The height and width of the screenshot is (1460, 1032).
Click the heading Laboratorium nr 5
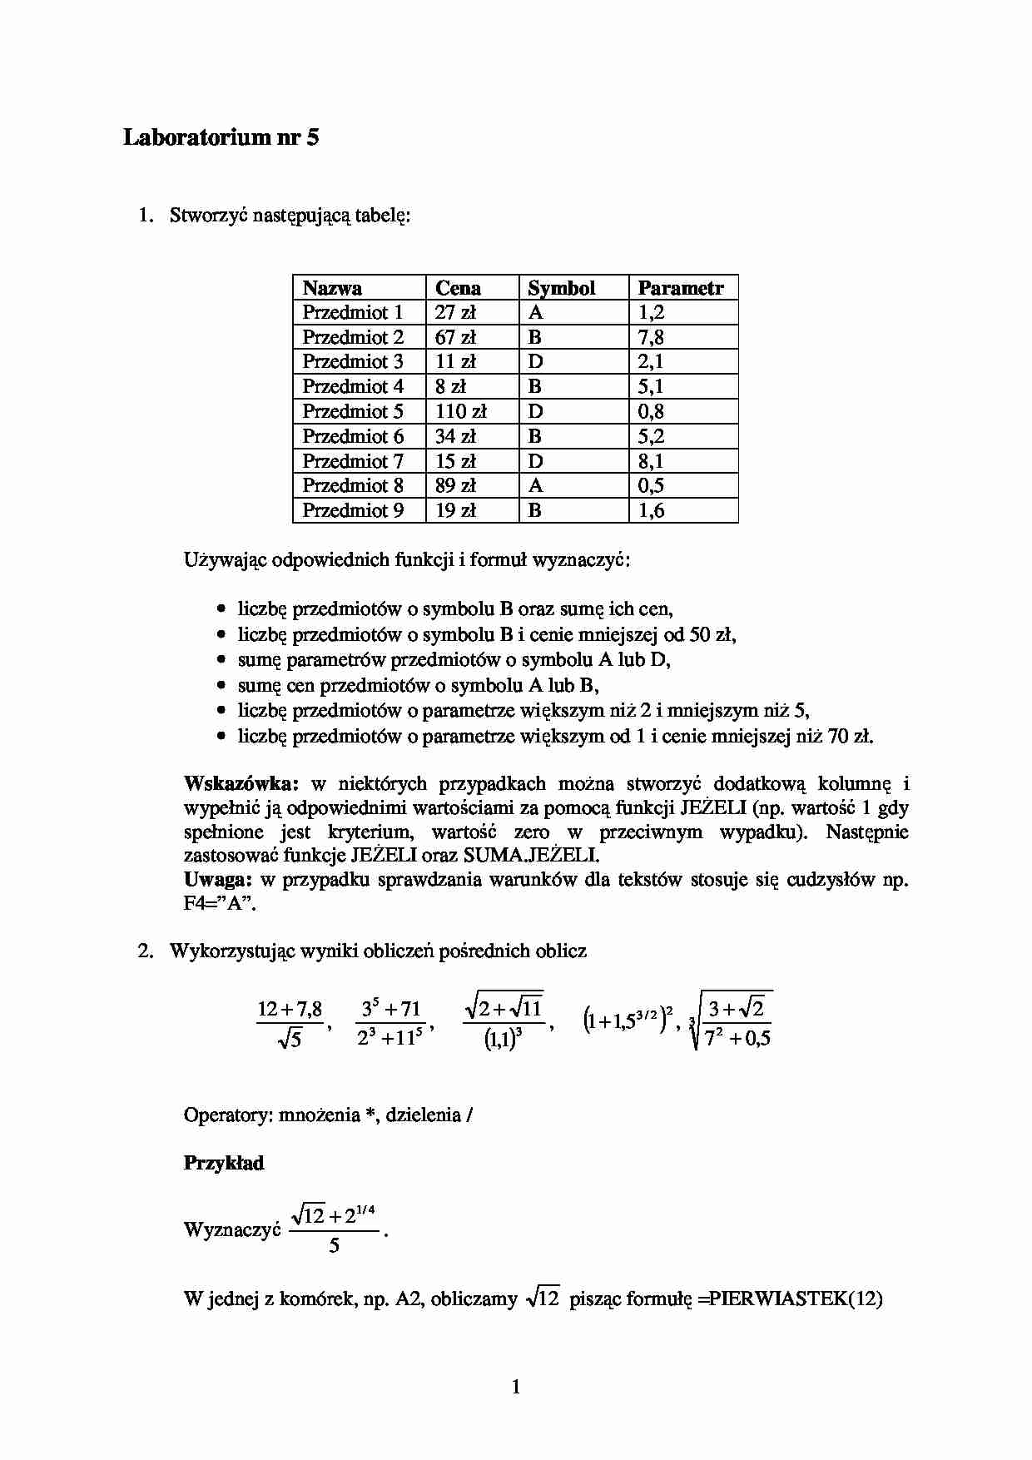pos(221,137)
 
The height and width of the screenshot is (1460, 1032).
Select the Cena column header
pos(458,288)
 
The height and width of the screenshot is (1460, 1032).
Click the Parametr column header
pos(680,288)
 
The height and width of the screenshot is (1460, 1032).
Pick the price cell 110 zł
pos(460,411)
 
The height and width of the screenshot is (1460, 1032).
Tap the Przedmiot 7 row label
pos(353,461)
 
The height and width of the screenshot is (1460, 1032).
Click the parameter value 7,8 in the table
pos(651,337)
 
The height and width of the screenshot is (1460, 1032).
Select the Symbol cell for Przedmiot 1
pos(535,312)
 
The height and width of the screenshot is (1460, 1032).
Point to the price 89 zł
pos(455,485)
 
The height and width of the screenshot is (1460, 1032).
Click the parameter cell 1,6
pos(651,510)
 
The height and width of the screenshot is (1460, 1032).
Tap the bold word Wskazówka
pos(241,783)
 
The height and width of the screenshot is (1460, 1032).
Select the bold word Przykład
pos(223,1163)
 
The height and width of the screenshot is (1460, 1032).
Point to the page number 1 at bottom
pos(516,1387)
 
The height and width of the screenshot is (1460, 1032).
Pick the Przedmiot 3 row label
pos(353,362)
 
